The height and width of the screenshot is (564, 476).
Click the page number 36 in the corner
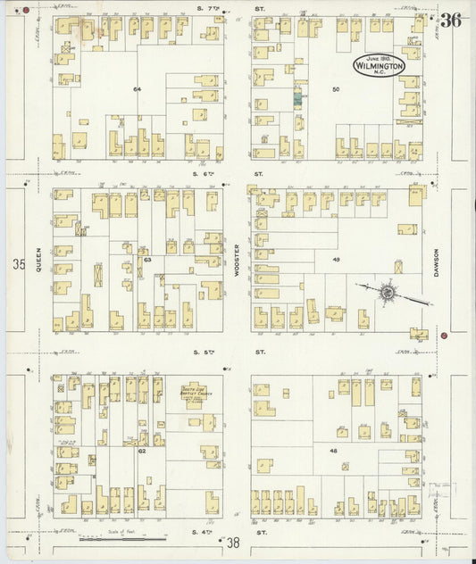coord(451,20)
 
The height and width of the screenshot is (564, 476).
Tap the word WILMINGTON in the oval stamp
coord(379,66)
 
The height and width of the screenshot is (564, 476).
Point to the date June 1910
coord(379,57)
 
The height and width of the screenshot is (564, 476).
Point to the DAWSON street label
coord(438,259)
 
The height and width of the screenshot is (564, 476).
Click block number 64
coord(138,89)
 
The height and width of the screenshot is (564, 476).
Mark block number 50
coord(337,89)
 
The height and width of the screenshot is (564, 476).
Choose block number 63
coord(147,260)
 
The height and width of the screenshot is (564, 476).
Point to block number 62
coord(141,452)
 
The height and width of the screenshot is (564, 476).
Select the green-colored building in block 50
coord(298,99)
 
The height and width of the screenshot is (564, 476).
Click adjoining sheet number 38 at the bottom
coord(234,543)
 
